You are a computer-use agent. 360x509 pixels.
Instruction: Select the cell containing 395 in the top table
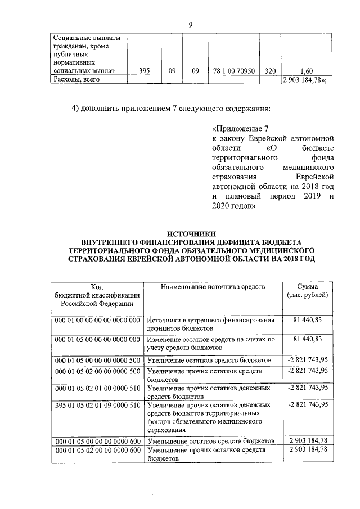[145, 71]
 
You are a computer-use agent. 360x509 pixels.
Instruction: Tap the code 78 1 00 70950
[235, 71]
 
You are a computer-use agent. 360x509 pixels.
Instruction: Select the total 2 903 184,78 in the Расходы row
[307, 80]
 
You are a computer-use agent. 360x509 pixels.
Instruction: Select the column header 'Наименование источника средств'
[213, 287]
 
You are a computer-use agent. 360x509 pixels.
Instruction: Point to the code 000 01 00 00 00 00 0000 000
[97, 320]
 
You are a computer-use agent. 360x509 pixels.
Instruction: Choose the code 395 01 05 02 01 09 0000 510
[97, 405]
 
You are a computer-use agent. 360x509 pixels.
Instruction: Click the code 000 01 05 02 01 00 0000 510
[97, 388]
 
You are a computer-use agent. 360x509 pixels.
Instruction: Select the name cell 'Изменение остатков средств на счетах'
[211, 344]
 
